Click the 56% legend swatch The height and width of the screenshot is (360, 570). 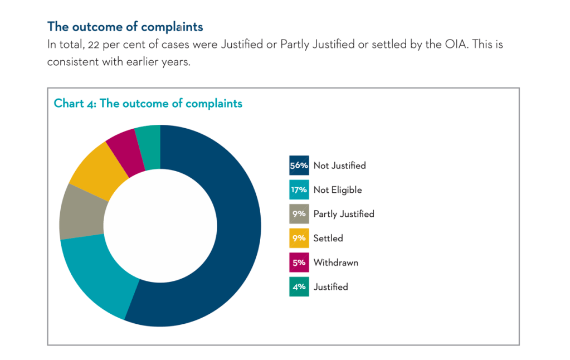pos(299,166)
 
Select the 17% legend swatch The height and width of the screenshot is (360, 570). pos(299,189)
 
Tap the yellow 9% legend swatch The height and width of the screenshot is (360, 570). pos(299,238)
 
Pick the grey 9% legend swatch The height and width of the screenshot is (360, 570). pos(299,214)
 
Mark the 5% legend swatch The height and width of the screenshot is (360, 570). pos(299,262)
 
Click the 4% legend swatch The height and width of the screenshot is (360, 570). pos(299,287)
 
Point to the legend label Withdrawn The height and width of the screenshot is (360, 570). pos(336,262)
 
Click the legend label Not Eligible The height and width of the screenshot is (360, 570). pos(338,190)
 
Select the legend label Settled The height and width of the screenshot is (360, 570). pos(328,239)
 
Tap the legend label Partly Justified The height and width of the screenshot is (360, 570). pos(344,214)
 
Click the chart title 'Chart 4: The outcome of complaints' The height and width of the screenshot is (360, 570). pos(148,104)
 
